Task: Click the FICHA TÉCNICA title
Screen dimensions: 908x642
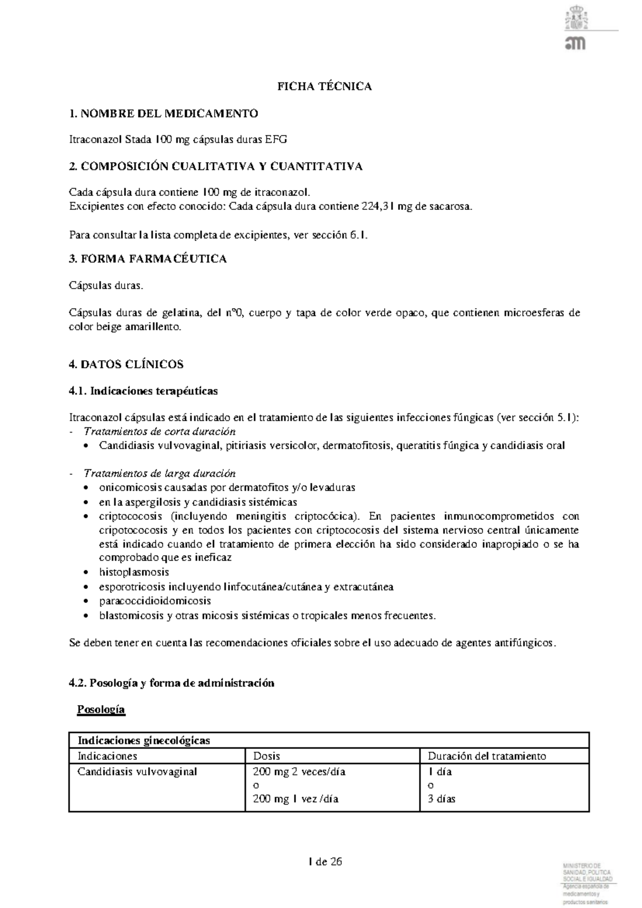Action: (x=324, y=87)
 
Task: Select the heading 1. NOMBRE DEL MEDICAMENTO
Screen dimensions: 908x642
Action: (x=164, y=113)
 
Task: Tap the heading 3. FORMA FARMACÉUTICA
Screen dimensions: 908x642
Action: (x=148, y=259)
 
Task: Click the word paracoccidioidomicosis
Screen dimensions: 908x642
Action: (x=155, y=601)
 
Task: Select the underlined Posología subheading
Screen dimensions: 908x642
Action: (x=101, y=710)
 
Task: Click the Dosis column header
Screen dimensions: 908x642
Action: (x=266, y=756)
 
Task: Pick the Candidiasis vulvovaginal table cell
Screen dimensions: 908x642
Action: (x=137, y=772)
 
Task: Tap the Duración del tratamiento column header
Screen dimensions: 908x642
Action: (x=487, y=756)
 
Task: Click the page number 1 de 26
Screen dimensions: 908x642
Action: (x=325, y=862)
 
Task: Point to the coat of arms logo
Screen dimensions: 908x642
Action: (x=576, y=19)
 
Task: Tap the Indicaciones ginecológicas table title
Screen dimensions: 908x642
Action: (x=144, y=741)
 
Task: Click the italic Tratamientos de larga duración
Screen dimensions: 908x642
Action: (x=159, y=474)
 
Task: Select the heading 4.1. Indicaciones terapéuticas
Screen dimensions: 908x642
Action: (x=143, y=391)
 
